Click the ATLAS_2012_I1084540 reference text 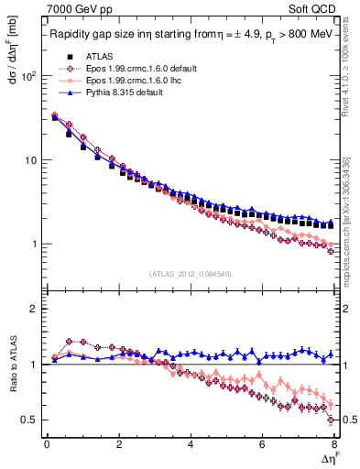coord(190,274)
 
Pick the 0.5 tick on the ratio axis coord(33,420)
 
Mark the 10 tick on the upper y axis coord(32,160)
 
